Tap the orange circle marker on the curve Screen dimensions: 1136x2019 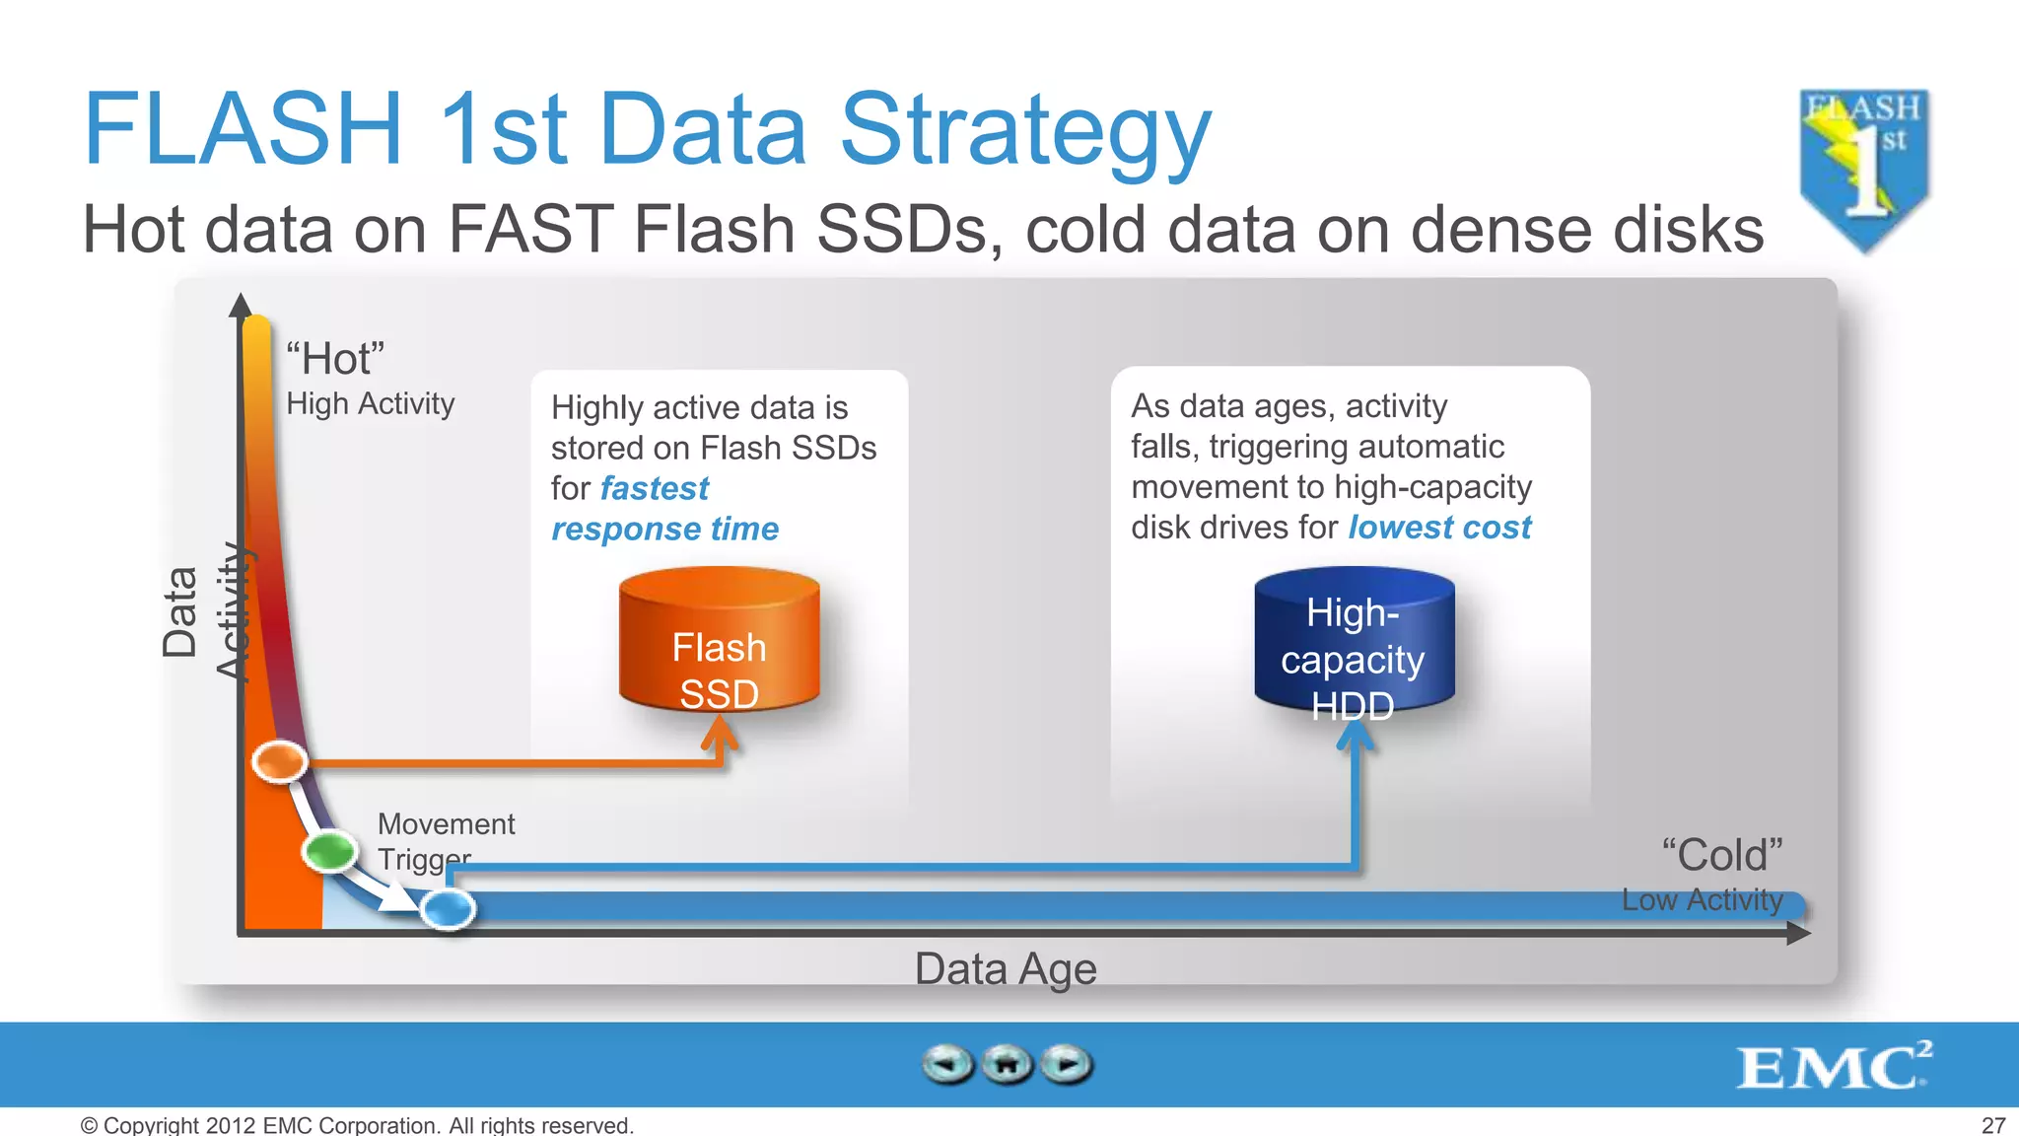click(280, 761)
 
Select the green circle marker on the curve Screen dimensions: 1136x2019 click(330, 851)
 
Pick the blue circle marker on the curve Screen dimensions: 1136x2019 click(449, 908)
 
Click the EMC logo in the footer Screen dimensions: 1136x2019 click(1832, 1066)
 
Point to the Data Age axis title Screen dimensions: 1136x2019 click(1005, 968)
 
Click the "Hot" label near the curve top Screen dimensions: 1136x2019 click(335, 359)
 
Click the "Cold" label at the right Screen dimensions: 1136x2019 click(1721, 855)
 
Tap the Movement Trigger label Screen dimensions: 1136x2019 click(446, 840)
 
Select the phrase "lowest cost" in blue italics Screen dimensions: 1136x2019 click(1439, 528)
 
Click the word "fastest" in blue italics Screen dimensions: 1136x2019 click(655, 488)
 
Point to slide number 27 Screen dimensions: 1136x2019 click(1993, 1125)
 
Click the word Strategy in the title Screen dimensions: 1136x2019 click(1025, 131)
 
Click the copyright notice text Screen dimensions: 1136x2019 click(357, 1125)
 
